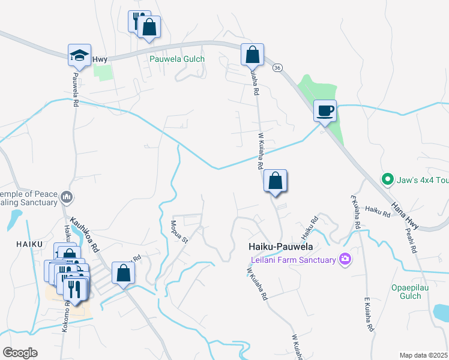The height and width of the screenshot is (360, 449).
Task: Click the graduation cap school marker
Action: click(x=79, y=55)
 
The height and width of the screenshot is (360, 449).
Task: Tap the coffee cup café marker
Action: click(x=325, y=111)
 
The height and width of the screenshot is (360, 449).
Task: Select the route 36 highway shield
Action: click(x=277, y=68)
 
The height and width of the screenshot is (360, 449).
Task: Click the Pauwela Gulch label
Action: click(x=177, y=59)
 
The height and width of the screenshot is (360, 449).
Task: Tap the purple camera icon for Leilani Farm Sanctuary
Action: click(x=345, y=259)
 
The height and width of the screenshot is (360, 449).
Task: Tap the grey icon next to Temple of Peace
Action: click(x=67, y=197)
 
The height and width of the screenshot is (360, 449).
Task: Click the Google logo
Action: click(x=20, y=353)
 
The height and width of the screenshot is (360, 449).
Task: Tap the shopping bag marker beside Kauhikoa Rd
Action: click(x=123, y=273)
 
